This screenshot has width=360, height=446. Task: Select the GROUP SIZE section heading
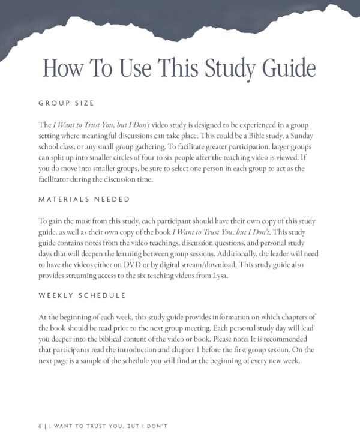tap(66, 103)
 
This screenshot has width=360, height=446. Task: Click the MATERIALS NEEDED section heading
tap(84, 199)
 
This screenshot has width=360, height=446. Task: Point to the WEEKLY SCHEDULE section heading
tap(82, 295)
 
